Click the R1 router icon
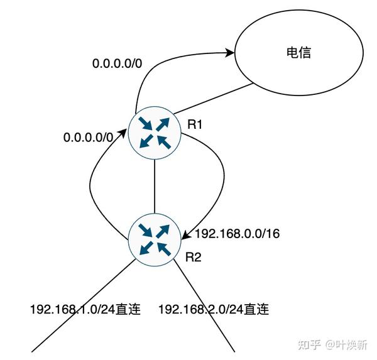tap(154, 134)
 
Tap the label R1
tap(195, 125)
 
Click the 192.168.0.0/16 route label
tap(238, 234)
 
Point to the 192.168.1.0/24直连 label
tap(85, 309)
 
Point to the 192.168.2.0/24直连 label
tap(214, 309)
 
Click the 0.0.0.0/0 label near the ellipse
tap(117, 63)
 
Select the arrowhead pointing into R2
tap(186, 235)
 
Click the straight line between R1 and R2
tap(154, 186)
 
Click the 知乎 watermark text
tap(310, 344)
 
